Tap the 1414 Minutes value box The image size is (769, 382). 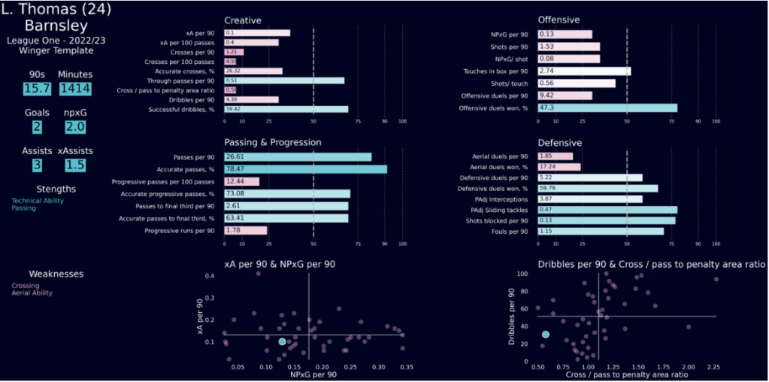(74, 89)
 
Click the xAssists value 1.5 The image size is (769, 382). (74, 165)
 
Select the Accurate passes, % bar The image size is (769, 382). (305, 169)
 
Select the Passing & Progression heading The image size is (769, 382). (273, 142)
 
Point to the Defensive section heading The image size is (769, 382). (560, 142)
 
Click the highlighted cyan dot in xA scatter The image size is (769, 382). (282, 341)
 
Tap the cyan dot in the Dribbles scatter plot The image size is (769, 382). (546, 334)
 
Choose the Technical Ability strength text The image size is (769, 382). (38, 201)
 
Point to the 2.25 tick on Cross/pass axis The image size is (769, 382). (716, 366)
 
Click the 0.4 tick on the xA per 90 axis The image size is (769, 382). (210, 276)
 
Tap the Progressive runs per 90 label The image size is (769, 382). (183, 230)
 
